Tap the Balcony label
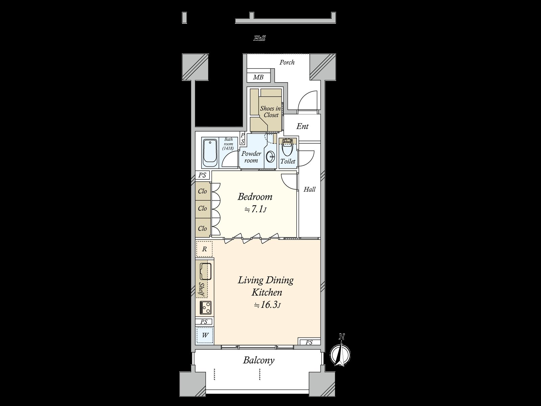coord(259,360)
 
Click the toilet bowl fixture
coord(287,149)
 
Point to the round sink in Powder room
coord(270,157)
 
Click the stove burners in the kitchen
coord(205,308)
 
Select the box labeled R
coord(204,249)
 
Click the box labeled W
coord(205,335)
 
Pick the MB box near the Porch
coord(258,77)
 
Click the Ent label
coord(302,127)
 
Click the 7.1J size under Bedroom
coord(256,210)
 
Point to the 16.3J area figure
coord(267,305)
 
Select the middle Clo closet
coord(203,208)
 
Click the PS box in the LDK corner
coord(309,342)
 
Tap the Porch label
coord(287,62)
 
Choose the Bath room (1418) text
coord(228,144)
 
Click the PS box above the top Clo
coord(203,175)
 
